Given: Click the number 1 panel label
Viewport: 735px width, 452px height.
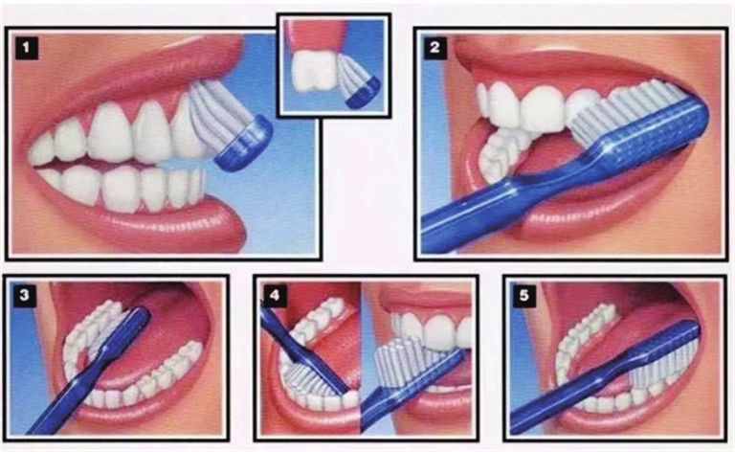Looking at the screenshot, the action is tap(27, 47).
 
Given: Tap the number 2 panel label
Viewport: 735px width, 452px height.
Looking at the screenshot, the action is tap(435, 47).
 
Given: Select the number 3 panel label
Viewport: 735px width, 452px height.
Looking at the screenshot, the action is tap(24, 295).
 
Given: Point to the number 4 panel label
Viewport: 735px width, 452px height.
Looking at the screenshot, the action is tap(275, 295).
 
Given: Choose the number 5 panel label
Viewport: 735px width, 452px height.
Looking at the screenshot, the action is tap(524, 295).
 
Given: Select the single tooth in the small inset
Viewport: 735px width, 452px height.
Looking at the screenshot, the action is tap(313, 70).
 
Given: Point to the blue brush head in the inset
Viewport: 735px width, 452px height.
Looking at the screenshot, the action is tap(365, 94).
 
